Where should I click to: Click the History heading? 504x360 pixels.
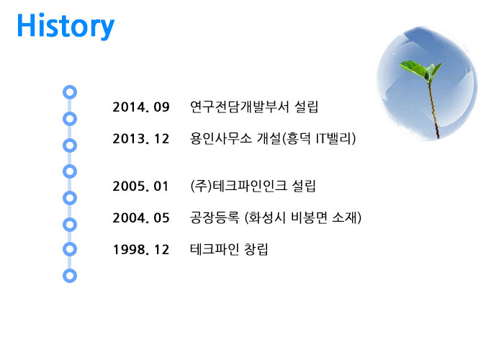(x=66, y=26)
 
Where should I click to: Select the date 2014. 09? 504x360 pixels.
(x=141, y=107)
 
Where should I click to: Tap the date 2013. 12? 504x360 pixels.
(x=141, y=139)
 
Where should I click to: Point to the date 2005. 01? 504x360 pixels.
(x=141, y=186)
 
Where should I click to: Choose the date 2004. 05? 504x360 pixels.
(x=141, y=218)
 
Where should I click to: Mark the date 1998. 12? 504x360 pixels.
(x=141, y=250)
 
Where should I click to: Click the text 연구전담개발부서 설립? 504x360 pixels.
(x=254, y=107)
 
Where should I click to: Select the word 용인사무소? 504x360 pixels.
(x=221, y=138)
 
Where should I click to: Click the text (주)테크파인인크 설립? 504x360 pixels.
(x=253, y=186)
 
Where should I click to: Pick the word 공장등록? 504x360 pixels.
(x=215, y=217)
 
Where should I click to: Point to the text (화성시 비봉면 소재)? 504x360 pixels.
(x=303, y=217)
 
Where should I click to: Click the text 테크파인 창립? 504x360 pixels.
(x=229, y=249)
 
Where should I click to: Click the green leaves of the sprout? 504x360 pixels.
(x=420, y=70)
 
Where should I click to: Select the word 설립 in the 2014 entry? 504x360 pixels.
(x=306, y=107)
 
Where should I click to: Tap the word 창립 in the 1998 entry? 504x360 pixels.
(x=256, y=249)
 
